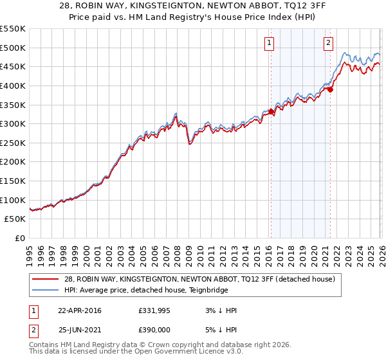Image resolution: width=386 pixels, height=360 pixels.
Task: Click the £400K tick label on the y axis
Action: tap(13, 85)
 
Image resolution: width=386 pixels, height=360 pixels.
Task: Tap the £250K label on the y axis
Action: tap(13, 143)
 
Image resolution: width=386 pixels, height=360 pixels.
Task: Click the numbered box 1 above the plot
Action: tap(268, 43)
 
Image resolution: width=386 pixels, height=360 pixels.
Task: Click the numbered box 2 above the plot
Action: tap(328, 43)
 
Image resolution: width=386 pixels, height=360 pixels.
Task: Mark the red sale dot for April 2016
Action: tap(271, 111)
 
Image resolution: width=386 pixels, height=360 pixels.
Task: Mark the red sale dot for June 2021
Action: tap(330, 89)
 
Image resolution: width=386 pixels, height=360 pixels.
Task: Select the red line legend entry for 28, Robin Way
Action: tap(199, 280)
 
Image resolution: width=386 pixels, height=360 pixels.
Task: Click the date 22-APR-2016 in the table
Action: tap(79, 310)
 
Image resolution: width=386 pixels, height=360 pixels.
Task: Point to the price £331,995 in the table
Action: tap(154, 310)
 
